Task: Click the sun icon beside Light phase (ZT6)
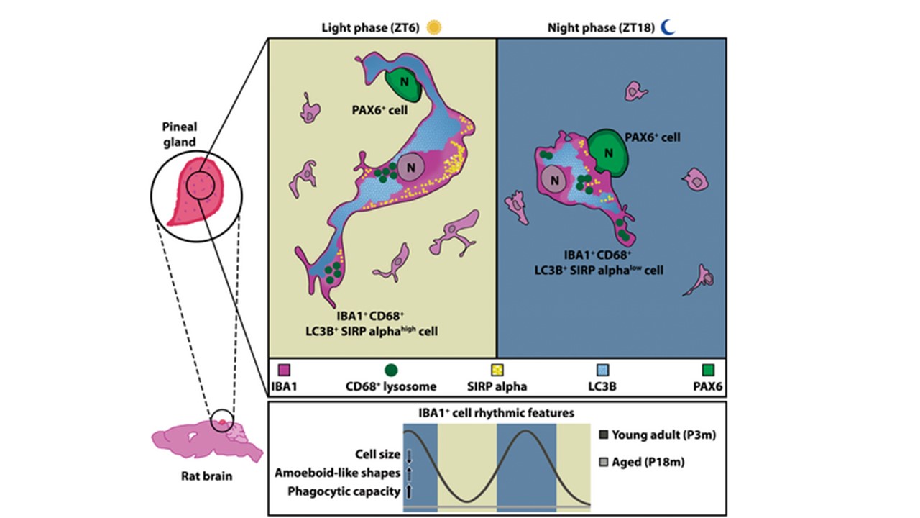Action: [x=433, y=27]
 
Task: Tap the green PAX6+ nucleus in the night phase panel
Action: [x=608, y=152]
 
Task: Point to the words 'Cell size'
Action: [x=377, y=454]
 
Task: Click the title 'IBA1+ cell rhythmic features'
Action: [x=496, y=413]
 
